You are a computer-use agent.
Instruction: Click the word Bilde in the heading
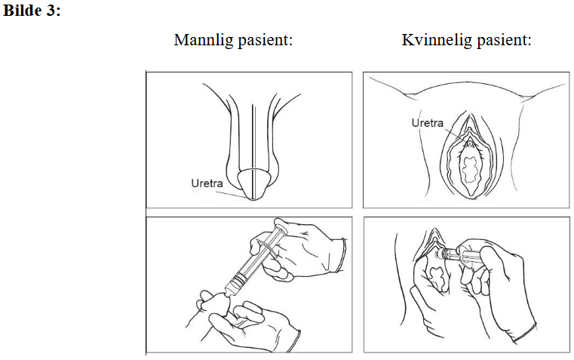click(x=22, y=10)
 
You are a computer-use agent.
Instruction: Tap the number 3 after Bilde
click(x=50, y=11)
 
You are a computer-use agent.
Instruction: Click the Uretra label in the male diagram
click(x=207, y=183)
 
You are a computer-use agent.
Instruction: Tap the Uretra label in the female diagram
click(x=427, y=123)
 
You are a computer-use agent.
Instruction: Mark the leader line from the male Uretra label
click(x=231, y=194)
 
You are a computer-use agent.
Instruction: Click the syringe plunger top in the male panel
click(x=281, y=223)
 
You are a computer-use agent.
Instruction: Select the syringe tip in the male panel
click(x=229, y=291)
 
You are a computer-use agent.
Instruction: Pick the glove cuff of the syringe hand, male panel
click(x=342, y=255)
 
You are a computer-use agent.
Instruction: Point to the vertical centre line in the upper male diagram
click(x=252, y=152)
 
